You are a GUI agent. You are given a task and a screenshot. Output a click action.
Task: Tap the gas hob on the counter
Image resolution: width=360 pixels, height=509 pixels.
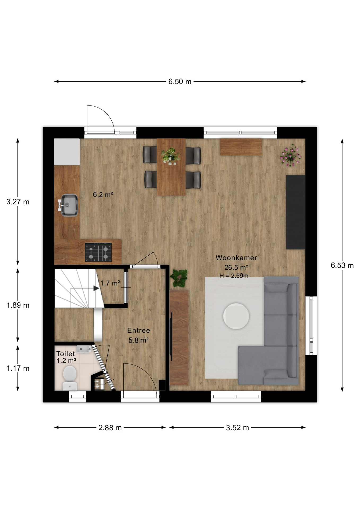(x=98, y=252)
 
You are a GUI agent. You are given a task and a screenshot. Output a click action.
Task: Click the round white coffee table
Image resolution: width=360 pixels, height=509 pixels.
(x=236, y=316)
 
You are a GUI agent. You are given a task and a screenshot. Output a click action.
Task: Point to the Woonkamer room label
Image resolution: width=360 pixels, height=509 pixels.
(x=236, y=258)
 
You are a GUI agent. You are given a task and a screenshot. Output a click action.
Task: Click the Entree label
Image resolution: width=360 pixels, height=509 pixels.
(x=139, y=330)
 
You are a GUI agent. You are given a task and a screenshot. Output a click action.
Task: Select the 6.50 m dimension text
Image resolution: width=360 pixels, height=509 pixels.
(x=180, y=82)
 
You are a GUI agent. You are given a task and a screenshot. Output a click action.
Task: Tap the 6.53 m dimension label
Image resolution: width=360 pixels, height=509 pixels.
(x=342, y=265)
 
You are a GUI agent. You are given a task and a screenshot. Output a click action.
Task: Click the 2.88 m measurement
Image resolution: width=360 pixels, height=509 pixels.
(x=110, y=428)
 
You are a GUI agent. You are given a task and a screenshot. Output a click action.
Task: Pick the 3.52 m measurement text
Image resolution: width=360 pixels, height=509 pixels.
(x=238, y=428)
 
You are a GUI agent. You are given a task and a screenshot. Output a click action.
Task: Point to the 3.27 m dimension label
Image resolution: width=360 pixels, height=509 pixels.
(x=18, y=202)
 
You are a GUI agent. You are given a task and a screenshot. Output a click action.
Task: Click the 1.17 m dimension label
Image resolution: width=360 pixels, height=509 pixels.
(x=18, y=368)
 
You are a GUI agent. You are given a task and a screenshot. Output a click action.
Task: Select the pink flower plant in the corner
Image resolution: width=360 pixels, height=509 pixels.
(x=291, y=155)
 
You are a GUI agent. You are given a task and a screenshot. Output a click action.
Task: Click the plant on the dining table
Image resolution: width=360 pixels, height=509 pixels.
(x=170, y=156)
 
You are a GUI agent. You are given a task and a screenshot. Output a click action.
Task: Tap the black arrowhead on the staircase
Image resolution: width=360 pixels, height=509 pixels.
(x=96, y=288)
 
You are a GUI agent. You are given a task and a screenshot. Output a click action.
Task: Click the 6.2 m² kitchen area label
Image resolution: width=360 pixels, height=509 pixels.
(x=103, y=195)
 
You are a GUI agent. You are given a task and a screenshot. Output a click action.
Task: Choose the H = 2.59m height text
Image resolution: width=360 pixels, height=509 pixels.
(x=234, y=276)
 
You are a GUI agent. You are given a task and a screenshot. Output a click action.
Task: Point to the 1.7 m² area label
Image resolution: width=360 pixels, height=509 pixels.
(x=110, y=283)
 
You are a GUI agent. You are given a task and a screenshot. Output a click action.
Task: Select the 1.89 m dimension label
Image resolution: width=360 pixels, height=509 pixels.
(x=18, y=305)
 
